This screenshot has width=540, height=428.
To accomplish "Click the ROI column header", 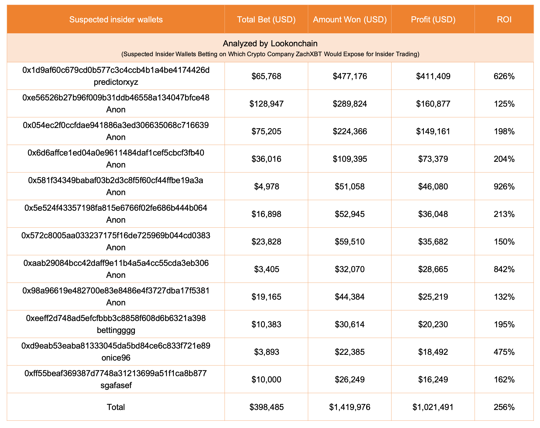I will click(504, 20).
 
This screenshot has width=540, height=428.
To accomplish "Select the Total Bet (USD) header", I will click(266, 20).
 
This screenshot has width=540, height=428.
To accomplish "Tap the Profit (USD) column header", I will click(433, 20).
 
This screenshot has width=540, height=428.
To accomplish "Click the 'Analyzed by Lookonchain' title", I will click(270, 44).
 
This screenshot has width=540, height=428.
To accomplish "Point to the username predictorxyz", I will click(116, 82).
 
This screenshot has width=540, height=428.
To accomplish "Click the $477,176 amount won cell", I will click(350, 76).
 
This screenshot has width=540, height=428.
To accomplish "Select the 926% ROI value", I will click(504, 187).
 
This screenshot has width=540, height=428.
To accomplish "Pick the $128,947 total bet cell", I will click(266, 104).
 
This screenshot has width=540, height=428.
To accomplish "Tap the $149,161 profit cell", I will click(433, 131).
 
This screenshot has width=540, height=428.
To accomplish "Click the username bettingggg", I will click(116, 330).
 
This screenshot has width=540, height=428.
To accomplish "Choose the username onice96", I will click(116, 358).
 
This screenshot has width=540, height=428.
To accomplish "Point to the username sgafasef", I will click(116, 385).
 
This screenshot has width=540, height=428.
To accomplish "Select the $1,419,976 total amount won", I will click(350, 407).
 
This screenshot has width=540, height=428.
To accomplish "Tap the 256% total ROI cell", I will click(504, 407).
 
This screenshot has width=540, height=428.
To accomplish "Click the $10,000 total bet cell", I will click(266, 379).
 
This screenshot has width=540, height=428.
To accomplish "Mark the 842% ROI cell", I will click(504, 269).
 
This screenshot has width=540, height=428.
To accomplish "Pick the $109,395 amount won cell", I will click(350, 159).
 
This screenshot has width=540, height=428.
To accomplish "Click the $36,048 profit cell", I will click(433, 214).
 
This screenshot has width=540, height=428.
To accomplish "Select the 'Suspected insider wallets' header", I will click(116, 20).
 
